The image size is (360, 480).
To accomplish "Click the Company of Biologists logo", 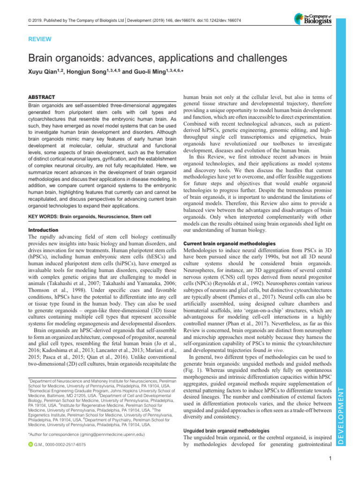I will (x=312, y=19).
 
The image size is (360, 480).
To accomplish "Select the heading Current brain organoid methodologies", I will (x=228, y=244).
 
